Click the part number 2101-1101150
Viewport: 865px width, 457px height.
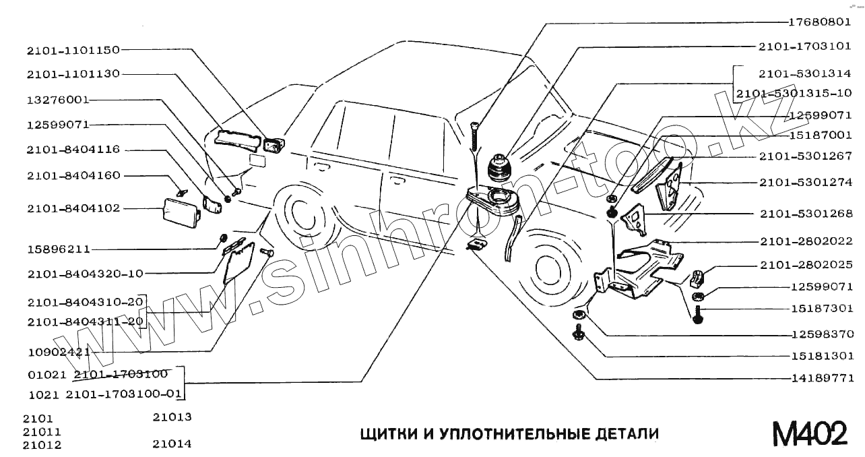73,50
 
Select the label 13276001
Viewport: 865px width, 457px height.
58,99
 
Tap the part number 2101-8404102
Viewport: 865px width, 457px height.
73,208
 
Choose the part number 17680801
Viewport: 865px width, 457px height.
821,22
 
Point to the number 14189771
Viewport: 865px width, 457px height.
821,378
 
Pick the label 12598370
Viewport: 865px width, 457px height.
821,334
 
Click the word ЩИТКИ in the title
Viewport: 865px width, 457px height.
388,433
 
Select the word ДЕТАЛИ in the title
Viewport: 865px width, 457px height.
627,433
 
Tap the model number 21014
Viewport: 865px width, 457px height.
172,444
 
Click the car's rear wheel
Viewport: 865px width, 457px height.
302,215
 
